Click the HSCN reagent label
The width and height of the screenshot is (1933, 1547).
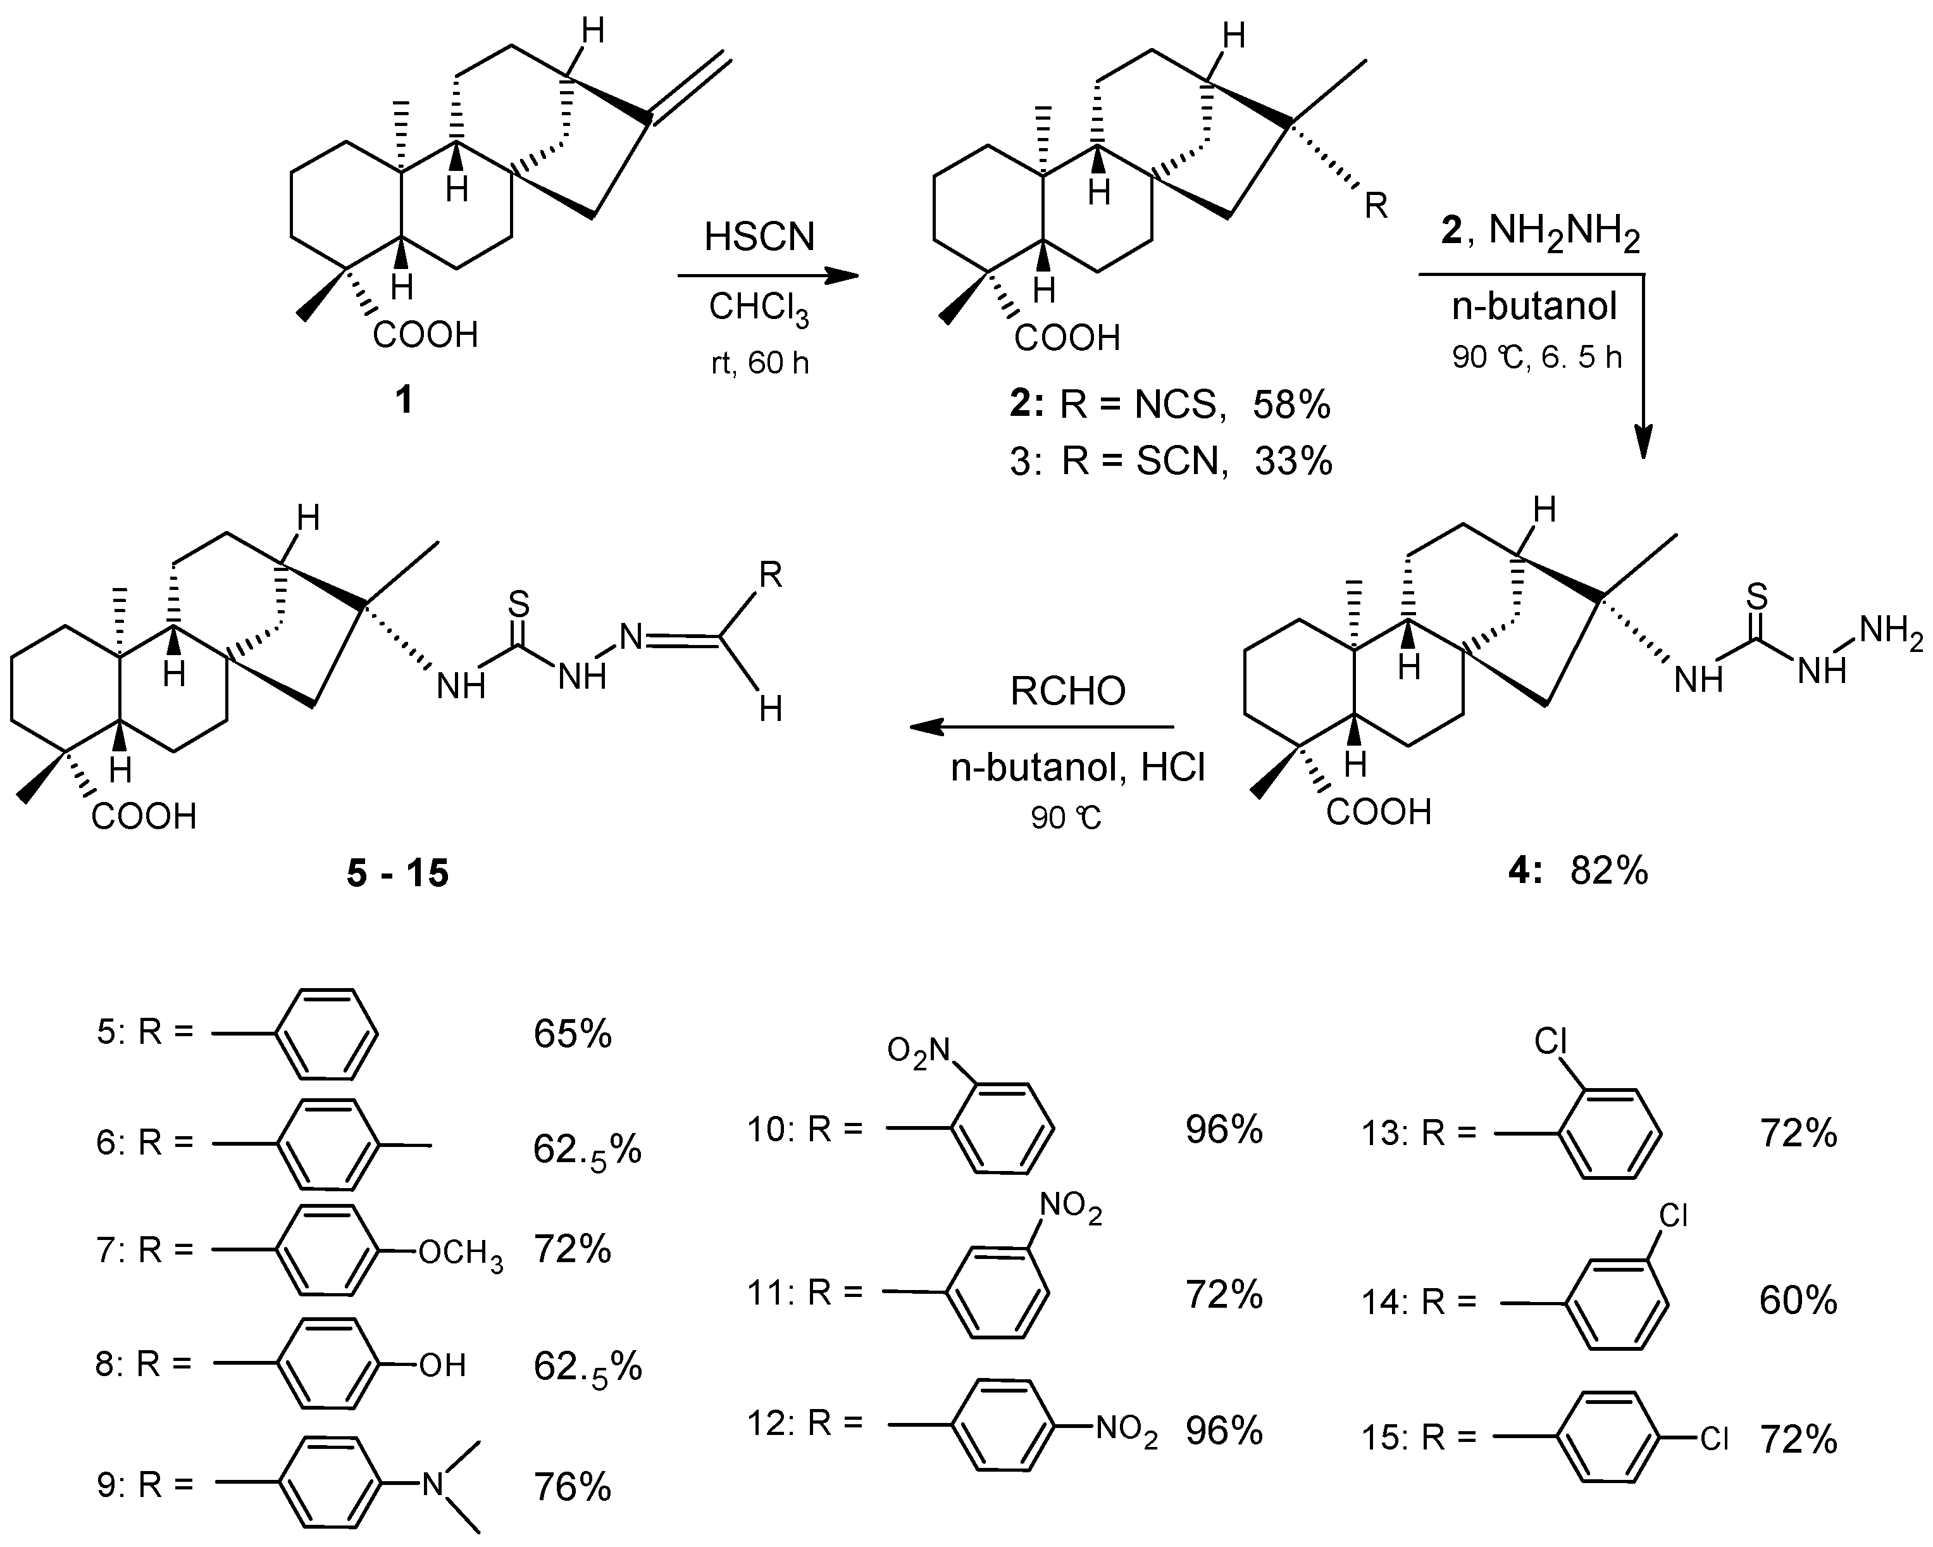point(759,237)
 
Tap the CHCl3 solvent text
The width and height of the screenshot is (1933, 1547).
point(759,308)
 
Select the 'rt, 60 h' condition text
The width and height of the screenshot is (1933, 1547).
point(759,363)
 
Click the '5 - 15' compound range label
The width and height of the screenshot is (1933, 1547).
point(397,873)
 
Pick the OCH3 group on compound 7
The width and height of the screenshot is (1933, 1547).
point(461,1252)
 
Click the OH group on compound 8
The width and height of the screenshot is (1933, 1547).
point(443,1366)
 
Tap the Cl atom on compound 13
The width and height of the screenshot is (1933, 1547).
point(1550,1042)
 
